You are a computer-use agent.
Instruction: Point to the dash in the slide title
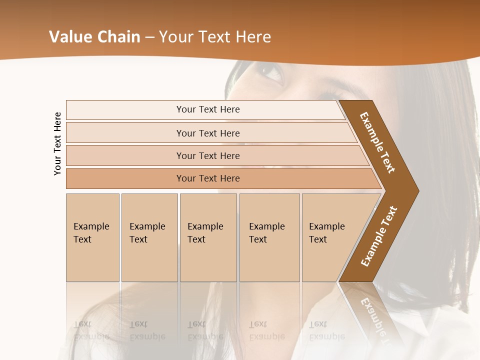click(x=149, y=37)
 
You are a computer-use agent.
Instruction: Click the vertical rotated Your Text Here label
click(x=57, y=143)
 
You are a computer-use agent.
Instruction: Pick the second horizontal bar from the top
click(x=207, y=133)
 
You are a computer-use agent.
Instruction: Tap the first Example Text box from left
click(x=92, y=237)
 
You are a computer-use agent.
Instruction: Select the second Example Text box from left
click(x=149, y=237)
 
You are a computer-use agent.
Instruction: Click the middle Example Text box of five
click(x=208, y=237)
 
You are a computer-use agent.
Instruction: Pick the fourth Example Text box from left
click(x=269, y=237)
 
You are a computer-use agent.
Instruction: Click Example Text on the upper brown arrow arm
click(x=377, y=142)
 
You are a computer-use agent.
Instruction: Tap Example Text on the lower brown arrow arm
click(x=378, y=236)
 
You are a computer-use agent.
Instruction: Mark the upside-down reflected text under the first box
click(x=91, y=330)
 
